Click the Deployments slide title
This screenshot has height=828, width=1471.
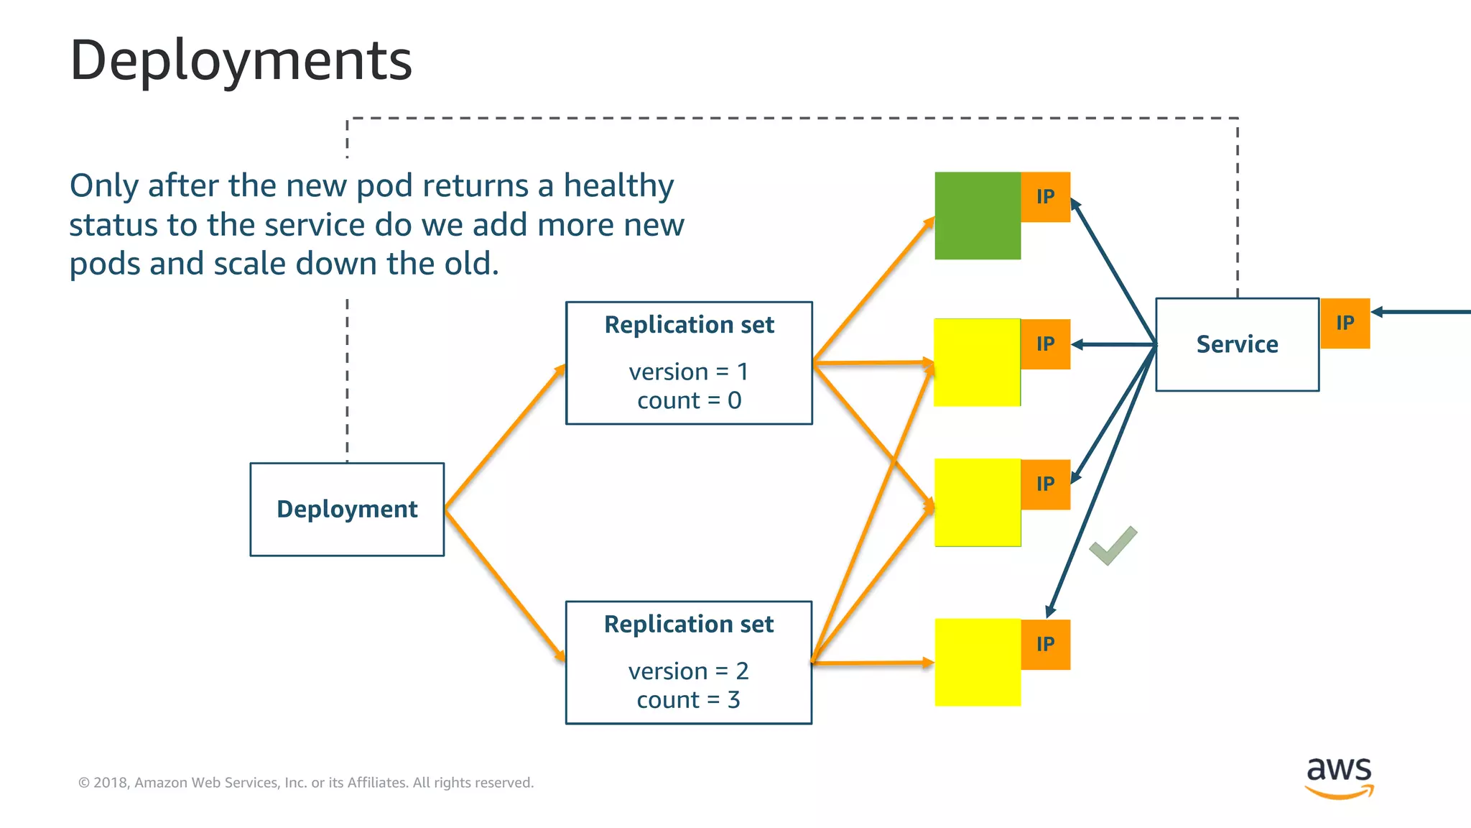tap(241, 60)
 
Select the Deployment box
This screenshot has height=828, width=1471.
tap(347, 509)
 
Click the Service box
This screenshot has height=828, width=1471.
tap(1237, 344)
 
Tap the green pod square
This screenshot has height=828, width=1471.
tap(977, 216)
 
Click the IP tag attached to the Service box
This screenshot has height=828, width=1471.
tap(1345, 323)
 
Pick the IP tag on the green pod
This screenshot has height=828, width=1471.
tap(1046, 197)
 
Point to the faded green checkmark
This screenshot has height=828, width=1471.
tap(1113, 546)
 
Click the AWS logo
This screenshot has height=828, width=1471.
tap(1339, 776)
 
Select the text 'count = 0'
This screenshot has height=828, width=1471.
tap(689, 400)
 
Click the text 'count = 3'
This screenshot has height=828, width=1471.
tap(688, 700)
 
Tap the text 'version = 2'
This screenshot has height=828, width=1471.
tap(688, 671)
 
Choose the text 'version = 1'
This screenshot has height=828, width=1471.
tap(688, 372)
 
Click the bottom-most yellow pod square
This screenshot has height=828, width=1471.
tap(977, 663)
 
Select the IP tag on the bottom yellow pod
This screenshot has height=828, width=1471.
tap(1046, 644)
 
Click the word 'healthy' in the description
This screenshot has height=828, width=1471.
tap(618, 185)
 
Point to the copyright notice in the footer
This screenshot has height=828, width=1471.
tap(306, 783)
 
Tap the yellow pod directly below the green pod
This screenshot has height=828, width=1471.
tap(977, 363)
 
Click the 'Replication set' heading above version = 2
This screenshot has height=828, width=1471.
tap(688, 624)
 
